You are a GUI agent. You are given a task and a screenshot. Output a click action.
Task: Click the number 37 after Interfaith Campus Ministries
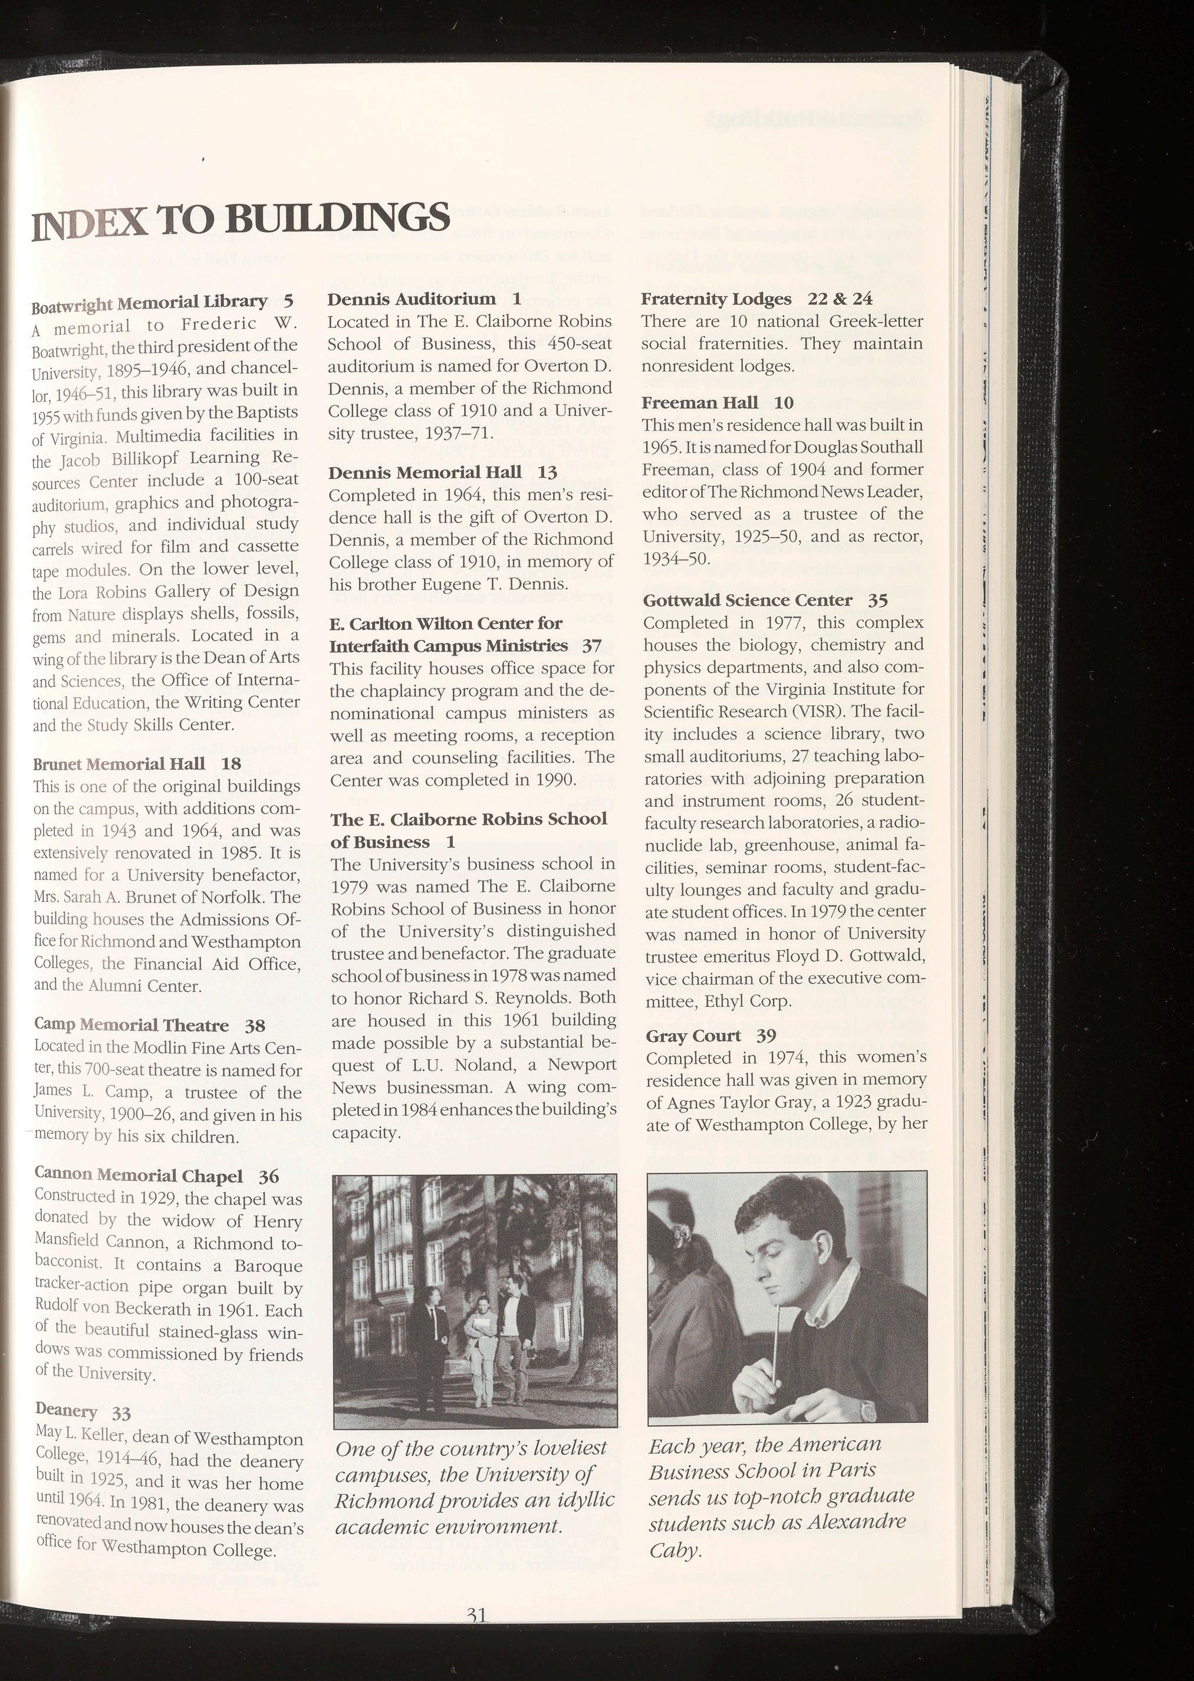coord(592,646)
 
